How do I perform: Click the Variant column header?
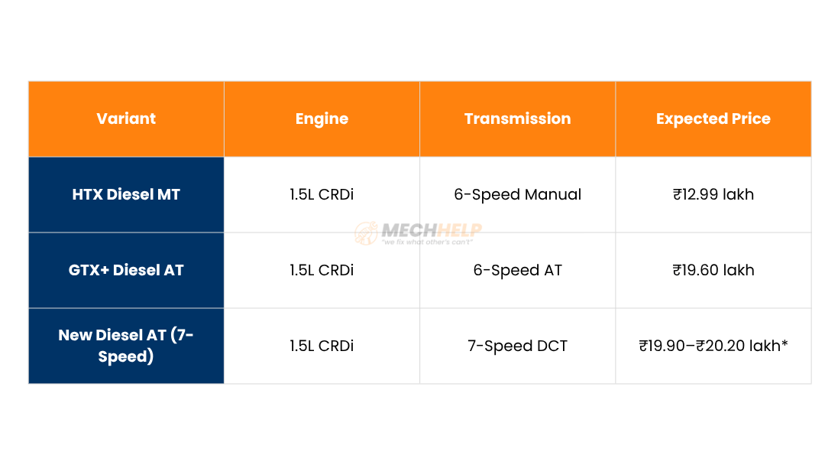click(126, 119)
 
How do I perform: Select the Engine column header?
click(322, 119)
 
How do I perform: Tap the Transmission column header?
click(518, 119)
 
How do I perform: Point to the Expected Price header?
click(713, 119)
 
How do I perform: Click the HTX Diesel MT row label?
click(126, 194)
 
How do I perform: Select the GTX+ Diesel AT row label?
click(126, 270)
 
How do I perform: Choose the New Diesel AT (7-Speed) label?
click(126, 346)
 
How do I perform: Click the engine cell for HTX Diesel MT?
click(322, 194)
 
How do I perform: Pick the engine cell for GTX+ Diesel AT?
click(322, 270)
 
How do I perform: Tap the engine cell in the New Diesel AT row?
click(322, 346)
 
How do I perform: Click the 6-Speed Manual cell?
click(518, 195)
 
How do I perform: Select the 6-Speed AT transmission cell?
click(518, 271)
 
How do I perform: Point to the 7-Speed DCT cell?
click(518, 346)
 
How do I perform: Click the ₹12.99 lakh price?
click(713, 194)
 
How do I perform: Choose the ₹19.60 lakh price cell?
click(713, 270)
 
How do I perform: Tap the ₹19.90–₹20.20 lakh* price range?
click(713, 346)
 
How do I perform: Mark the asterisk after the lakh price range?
click(785, 343)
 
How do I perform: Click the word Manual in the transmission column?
click(553, 194)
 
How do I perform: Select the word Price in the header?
click(751, 119)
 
